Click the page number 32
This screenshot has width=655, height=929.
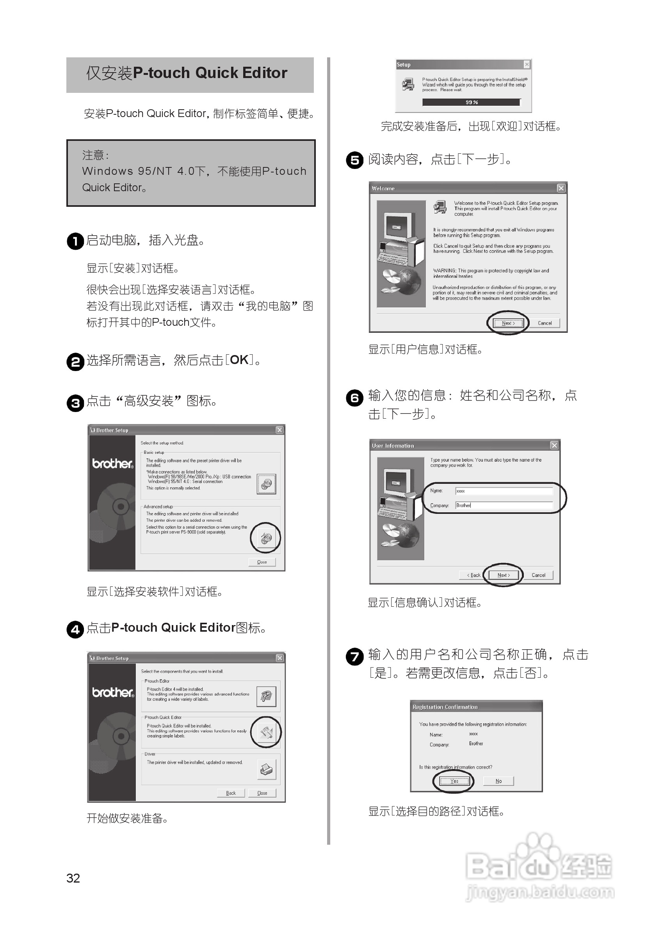tap(73, 877)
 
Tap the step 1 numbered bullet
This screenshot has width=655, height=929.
tap(75, 241)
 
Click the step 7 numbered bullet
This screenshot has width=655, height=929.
tap(354, 656)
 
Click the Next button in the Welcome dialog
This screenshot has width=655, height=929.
tap(508, 323)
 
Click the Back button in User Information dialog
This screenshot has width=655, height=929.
tap(473, 575)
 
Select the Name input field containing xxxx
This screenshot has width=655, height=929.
tap(504, 491)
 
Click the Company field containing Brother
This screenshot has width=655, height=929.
tap(504, 505)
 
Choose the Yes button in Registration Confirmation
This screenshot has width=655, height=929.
tap(454, 781)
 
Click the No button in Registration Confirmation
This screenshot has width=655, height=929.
tap(498, 781)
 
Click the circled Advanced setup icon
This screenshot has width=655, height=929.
tap(266, 538)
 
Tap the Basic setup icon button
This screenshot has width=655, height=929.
tap(266, 484)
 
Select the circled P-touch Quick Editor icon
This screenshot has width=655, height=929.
tap(266, 732)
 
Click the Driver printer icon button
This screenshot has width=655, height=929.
tap(266, 769)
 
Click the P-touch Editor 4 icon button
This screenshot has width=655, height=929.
tap(266, 696)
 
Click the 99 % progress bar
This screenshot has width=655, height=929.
tap(471, 102)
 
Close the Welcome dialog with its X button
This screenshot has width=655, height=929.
tap(561, 188)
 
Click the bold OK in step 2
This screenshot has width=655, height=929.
tap(239, 360)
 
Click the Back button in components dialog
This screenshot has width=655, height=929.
tap(231, 793)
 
